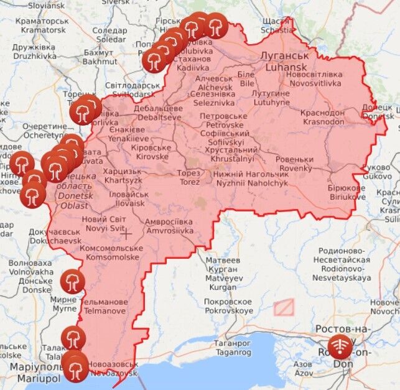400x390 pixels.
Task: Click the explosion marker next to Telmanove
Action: coord(72,281)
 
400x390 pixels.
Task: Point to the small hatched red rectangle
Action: coord(284,307)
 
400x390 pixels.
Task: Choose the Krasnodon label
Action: coord(322,117)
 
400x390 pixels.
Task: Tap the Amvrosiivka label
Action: coord(169,226)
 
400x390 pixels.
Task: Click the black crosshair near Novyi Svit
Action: coord(126,234)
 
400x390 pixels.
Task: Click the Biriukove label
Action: coord(347,193)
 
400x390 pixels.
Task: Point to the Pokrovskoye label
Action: coord(228,305)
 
